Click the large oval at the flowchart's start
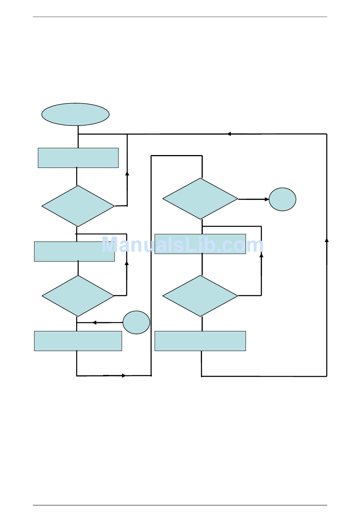click(75, 114)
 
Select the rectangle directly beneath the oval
click(78, 158)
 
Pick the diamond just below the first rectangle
click(78, 206)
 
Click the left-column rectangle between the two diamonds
click(75, 251)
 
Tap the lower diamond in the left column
click(78, 296)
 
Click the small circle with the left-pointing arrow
click(136, 323)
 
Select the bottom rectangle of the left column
click(78, 341)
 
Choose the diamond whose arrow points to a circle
click(200, 199)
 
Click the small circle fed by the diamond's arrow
click(282, 199)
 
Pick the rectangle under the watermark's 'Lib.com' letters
click(200, 244)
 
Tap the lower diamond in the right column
click(200, 296)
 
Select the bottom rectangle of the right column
click(200, 341)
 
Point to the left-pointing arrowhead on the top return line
click(229, 134)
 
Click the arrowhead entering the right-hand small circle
click(267, 199)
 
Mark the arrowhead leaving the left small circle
click(94, 323)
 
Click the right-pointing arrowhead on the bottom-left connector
click(124, 375)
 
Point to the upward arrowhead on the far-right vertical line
click(327, 240)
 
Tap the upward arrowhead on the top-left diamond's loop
click(127, 173)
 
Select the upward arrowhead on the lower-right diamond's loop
click(261, 255)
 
